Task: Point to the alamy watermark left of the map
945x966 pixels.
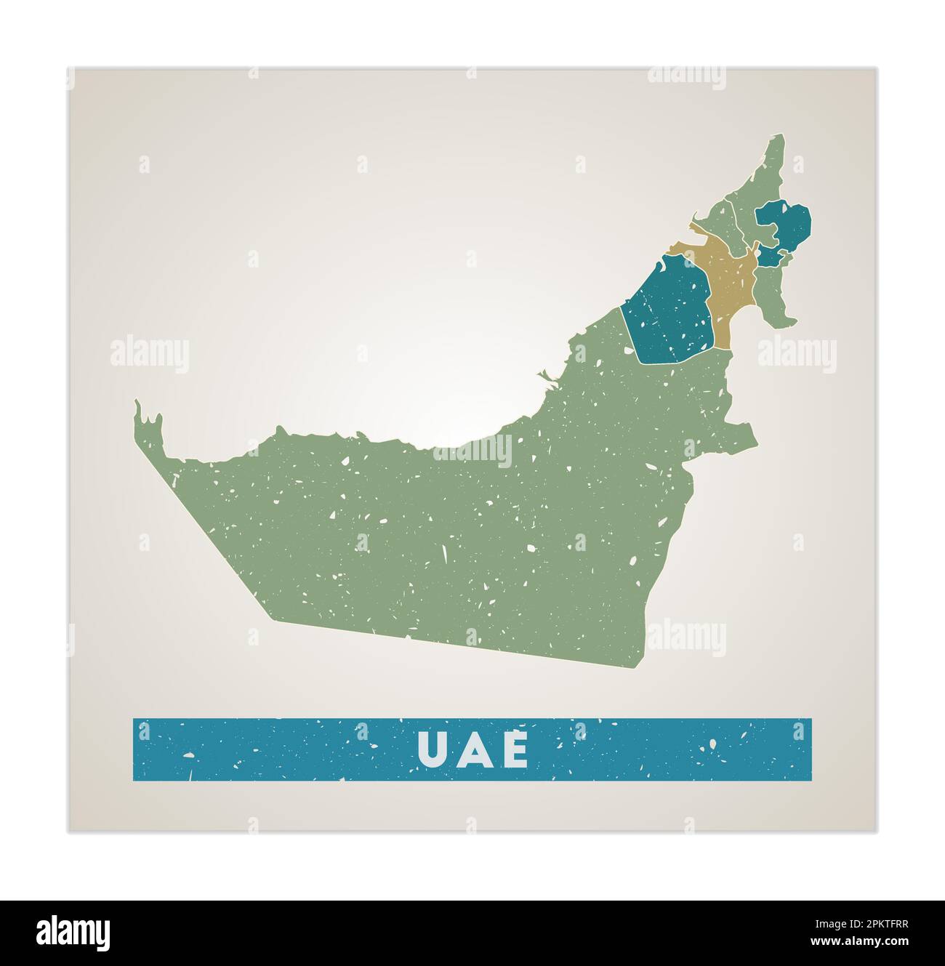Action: click(150, 355)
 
